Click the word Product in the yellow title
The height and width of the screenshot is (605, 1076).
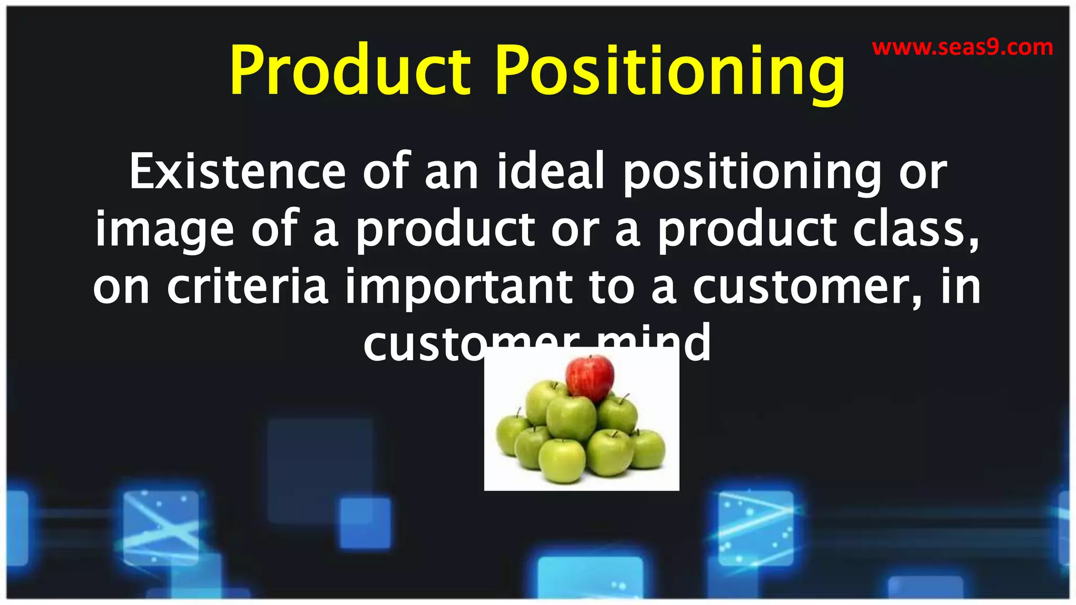[350, 71]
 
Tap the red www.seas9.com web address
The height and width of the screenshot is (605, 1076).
[963, 48]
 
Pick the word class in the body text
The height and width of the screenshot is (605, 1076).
[915, 230]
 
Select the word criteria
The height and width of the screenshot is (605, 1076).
[247, 287]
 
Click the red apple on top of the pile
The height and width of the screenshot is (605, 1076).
[589, 377]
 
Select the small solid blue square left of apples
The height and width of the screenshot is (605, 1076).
[365, 523]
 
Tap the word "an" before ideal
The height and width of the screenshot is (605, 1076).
[451, 172]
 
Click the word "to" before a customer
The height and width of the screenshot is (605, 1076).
[612, 287]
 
